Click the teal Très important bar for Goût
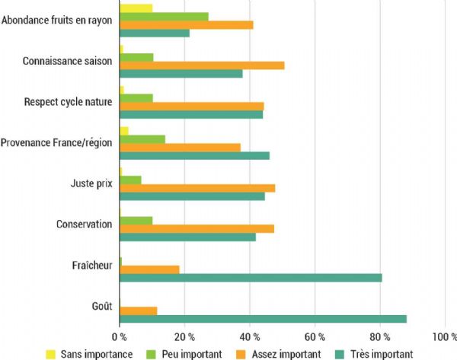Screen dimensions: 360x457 (x=263, y=319)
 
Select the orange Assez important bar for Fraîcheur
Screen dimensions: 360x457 (x=149, y=269)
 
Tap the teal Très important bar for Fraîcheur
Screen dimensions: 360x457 (x=251, y=278)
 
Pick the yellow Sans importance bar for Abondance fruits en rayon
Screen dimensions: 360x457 (x=136, y=8)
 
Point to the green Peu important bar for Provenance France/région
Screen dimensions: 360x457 (x=142, y=139)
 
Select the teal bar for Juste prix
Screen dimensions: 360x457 (x=192, y=196)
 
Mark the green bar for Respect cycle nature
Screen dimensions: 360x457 (x=136, y=98)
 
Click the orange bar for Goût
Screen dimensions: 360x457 (x=138, y=311)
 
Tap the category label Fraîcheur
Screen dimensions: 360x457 (x=92, y=266)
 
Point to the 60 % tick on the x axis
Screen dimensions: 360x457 (x=315, y=336)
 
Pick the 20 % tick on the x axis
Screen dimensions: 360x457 (x=184, y=336)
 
